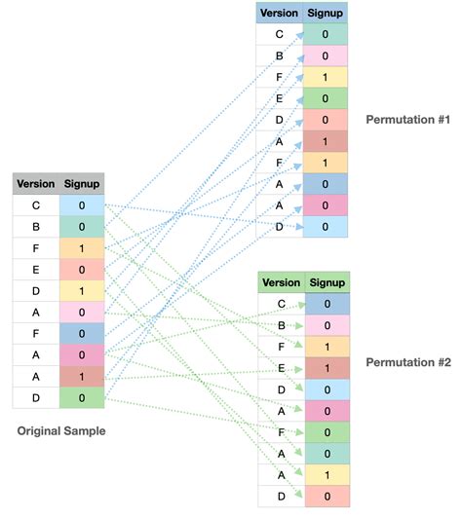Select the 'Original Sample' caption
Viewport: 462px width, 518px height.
click(x=59, y=429)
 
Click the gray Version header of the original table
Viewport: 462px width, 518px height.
click(x=36, y=183)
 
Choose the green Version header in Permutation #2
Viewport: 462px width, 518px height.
click(x=281, y=282)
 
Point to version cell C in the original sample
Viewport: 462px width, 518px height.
click(x=36, y=205)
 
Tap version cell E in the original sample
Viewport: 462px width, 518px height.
click(x=36, y=269)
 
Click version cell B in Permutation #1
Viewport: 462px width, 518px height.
click(x=280, y=55)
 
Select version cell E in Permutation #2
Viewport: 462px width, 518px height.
click(x=281, y=367)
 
